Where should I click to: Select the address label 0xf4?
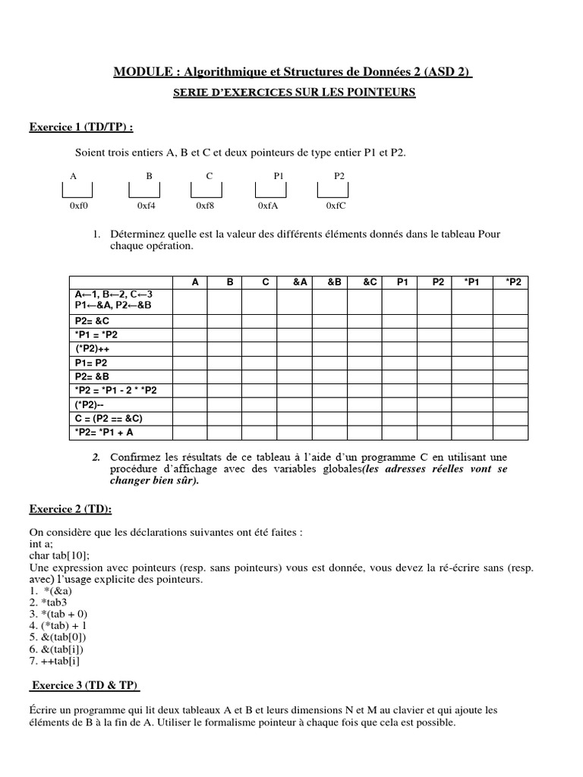[147, 206]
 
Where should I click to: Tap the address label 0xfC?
[336, 206]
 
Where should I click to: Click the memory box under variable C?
[210, 190]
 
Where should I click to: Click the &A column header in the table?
[300, 282]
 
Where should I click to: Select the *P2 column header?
[513, 282]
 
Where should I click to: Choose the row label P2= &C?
[93, 321]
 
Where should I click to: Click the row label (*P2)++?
[92, 349]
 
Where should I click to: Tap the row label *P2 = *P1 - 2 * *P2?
[115, 390]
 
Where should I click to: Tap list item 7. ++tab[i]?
[55, 660]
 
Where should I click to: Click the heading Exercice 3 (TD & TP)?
[85, 685]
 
